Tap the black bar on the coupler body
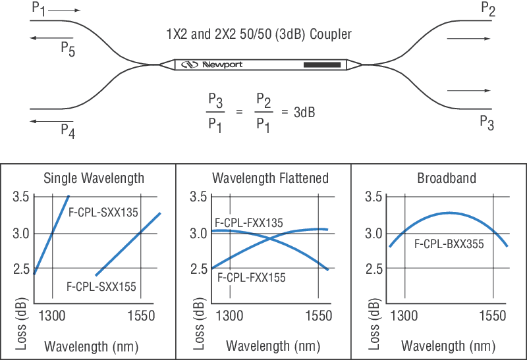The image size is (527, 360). click(322, 64)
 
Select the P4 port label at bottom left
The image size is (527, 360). click(68, 130)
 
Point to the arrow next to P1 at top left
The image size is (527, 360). click(65, 11)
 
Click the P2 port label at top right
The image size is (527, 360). click(488, 9)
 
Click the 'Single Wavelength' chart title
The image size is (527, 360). click(94, 178)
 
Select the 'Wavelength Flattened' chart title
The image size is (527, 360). click(270, 178)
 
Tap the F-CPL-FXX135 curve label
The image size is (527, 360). click(248, 223)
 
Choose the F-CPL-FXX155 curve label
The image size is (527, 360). click(251, 278)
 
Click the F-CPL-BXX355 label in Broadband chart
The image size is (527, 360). click(449, 244)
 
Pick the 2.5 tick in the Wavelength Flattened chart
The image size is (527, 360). click(198, 269)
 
